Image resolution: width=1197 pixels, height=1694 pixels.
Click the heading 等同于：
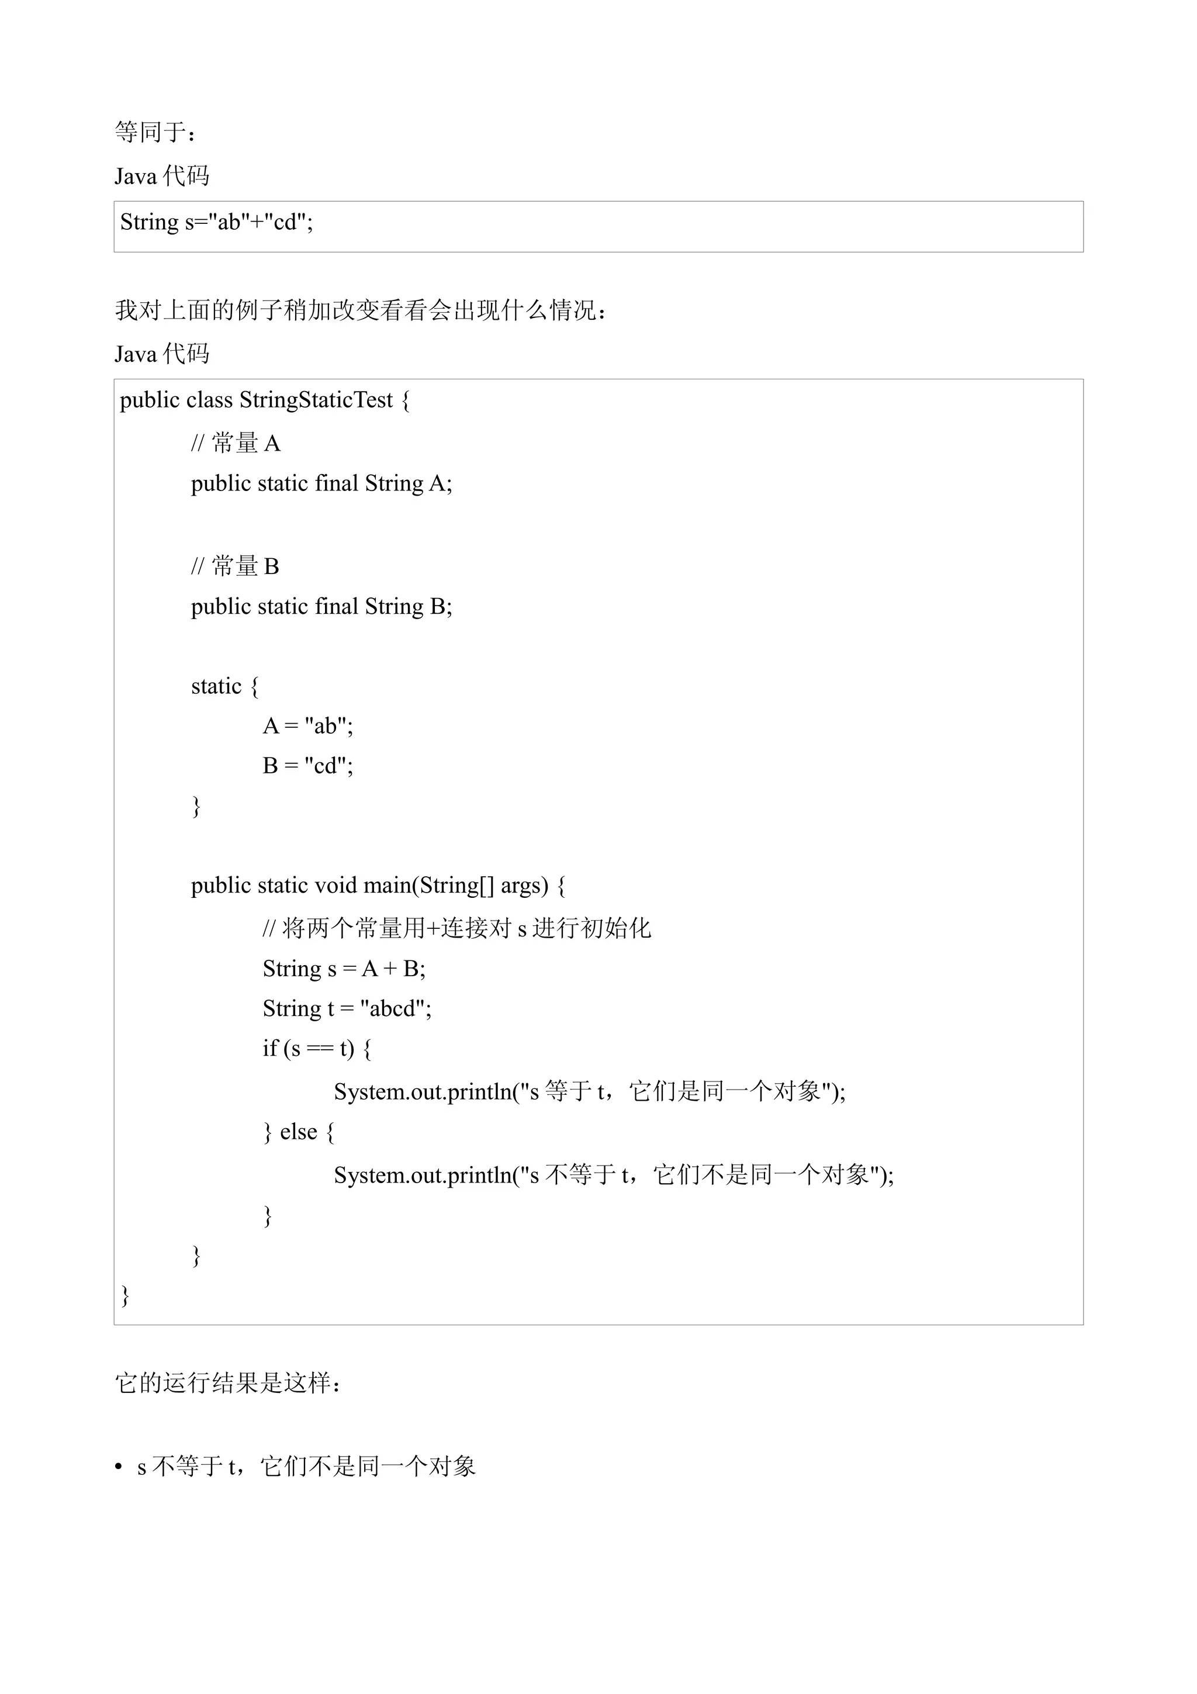[x=155, y=133]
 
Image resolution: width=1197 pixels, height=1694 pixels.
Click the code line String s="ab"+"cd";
[x=216, y=222]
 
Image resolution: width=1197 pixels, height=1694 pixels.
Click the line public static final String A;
[x=321, y=483]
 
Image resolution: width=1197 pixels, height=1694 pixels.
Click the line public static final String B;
[x=321, y=607]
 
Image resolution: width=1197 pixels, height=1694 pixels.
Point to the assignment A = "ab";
[x=307, y=726]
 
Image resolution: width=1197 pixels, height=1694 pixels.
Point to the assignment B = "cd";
[x=307, y=766]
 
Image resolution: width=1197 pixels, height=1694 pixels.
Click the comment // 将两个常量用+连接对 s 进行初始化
[x=456, y=928]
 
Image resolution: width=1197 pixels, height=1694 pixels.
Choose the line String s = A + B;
[x=344, y=969]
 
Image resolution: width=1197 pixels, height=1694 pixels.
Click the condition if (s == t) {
[x=316, y=1049]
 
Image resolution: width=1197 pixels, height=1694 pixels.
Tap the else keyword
[x=299, y=1132]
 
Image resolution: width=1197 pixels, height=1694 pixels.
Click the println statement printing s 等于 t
[x=589, y=1091]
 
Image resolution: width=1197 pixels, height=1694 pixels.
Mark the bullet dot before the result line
[x=119, y=1467]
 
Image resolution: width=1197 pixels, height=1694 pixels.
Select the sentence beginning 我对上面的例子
[x=361, y=310]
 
